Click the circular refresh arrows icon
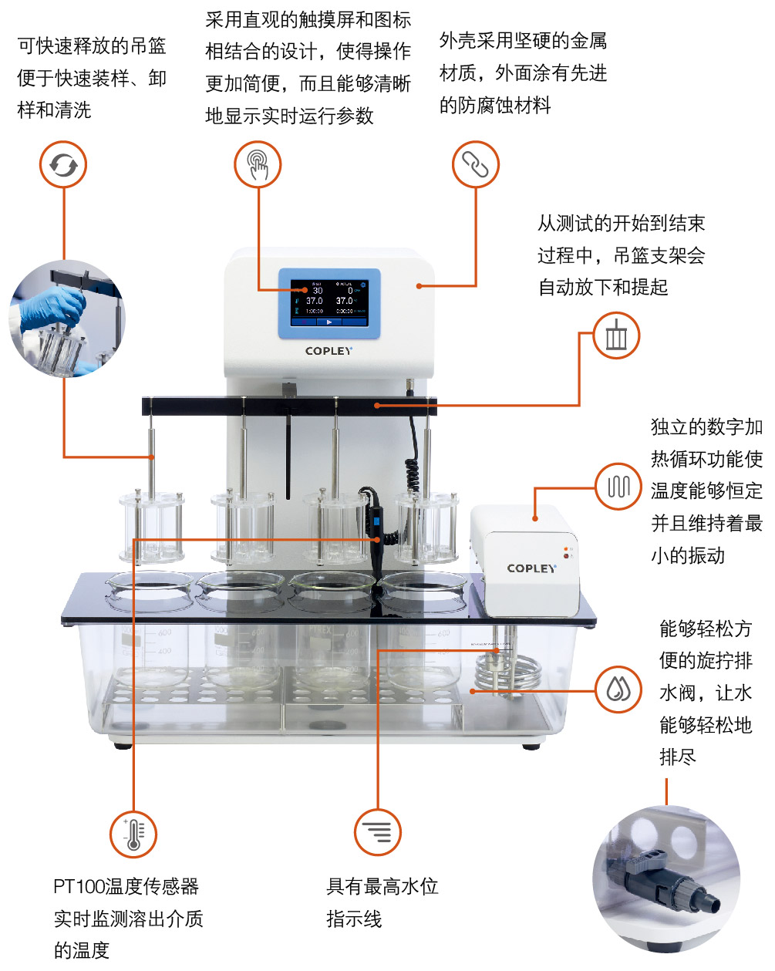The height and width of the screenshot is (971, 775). point(63,165)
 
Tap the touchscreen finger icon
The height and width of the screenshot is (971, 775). point(258,165)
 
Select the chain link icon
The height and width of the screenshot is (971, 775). point(475,164)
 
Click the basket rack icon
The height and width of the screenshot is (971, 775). point(615,336)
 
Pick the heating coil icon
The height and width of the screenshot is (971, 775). point(618,487)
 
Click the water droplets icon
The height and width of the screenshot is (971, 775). point(618,689)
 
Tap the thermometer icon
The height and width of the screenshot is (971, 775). point(133,834)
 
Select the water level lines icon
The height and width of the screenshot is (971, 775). point(377,832)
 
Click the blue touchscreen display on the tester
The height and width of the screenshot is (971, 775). point(329,303)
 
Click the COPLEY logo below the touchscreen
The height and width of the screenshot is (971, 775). point(329,351)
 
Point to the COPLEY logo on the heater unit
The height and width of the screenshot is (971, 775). point(531,568)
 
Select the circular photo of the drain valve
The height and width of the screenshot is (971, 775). point(666,878)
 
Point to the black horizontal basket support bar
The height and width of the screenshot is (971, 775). point(289,405)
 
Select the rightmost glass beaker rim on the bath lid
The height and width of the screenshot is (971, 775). point(423,583)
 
